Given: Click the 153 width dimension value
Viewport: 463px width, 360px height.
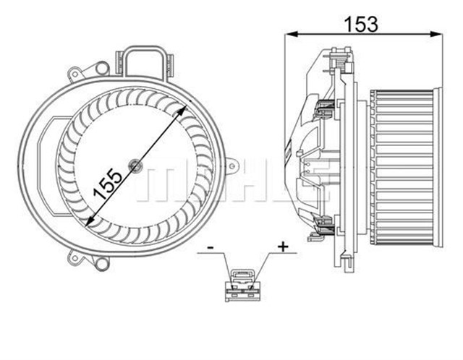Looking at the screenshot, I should pos(361,23).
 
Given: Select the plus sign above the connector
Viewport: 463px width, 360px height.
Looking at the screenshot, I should pos(283,247).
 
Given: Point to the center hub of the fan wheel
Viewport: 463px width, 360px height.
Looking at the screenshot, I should pos(136,166).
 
